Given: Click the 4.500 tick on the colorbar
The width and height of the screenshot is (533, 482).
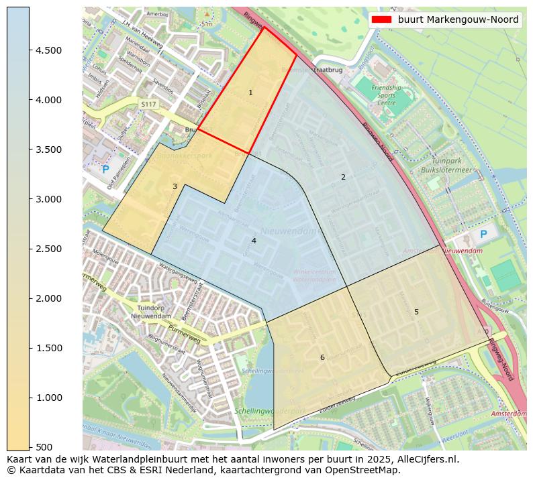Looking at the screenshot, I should click(50, 50).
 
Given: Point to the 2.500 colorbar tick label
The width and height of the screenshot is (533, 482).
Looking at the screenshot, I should click(50, 249).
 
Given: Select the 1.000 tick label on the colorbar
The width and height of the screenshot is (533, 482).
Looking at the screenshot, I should click(50, 398).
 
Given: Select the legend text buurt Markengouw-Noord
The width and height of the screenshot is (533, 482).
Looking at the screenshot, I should click(458, 19).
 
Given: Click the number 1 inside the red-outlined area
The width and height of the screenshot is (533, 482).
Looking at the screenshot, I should click(250, 93).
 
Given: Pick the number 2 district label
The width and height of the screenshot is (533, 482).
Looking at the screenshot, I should click(343, 177).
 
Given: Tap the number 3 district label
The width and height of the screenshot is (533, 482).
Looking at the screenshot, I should click(175, 186).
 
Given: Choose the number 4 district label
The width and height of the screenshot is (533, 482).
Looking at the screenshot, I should click(254, 241).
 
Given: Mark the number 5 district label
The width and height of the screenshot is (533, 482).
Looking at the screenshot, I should click(416, 312).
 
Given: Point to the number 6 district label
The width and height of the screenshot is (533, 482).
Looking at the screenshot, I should click(322, 357).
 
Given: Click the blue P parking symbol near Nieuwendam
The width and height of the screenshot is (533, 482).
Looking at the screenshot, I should click(483, 235).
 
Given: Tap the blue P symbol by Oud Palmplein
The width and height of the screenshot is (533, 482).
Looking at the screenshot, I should click(105, 170).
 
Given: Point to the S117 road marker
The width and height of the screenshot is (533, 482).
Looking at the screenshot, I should click(148, 104).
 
